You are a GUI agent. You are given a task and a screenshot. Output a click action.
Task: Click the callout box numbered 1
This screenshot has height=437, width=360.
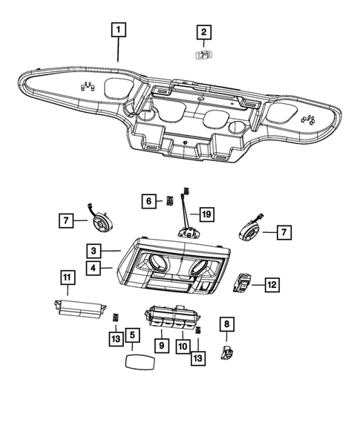pyautogui.click(x=120, y=31)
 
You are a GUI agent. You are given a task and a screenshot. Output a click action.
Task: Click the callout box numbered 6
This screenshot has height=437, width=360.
pyautogui.click(x=148, y=200)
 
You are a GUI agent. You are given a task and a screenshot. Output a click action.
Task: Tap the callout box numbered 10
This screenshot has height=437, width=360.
pyautogui.click(x=182, y=345)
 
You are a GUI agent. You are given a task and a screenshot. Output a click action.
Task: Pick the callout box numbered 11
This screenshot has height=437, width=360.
pyautogui.click(x=68, y=277)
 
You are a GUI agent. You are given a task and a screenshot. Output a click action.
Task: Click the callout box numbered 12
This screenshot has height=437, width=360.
pyautogui.click(x=272, y=283)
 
